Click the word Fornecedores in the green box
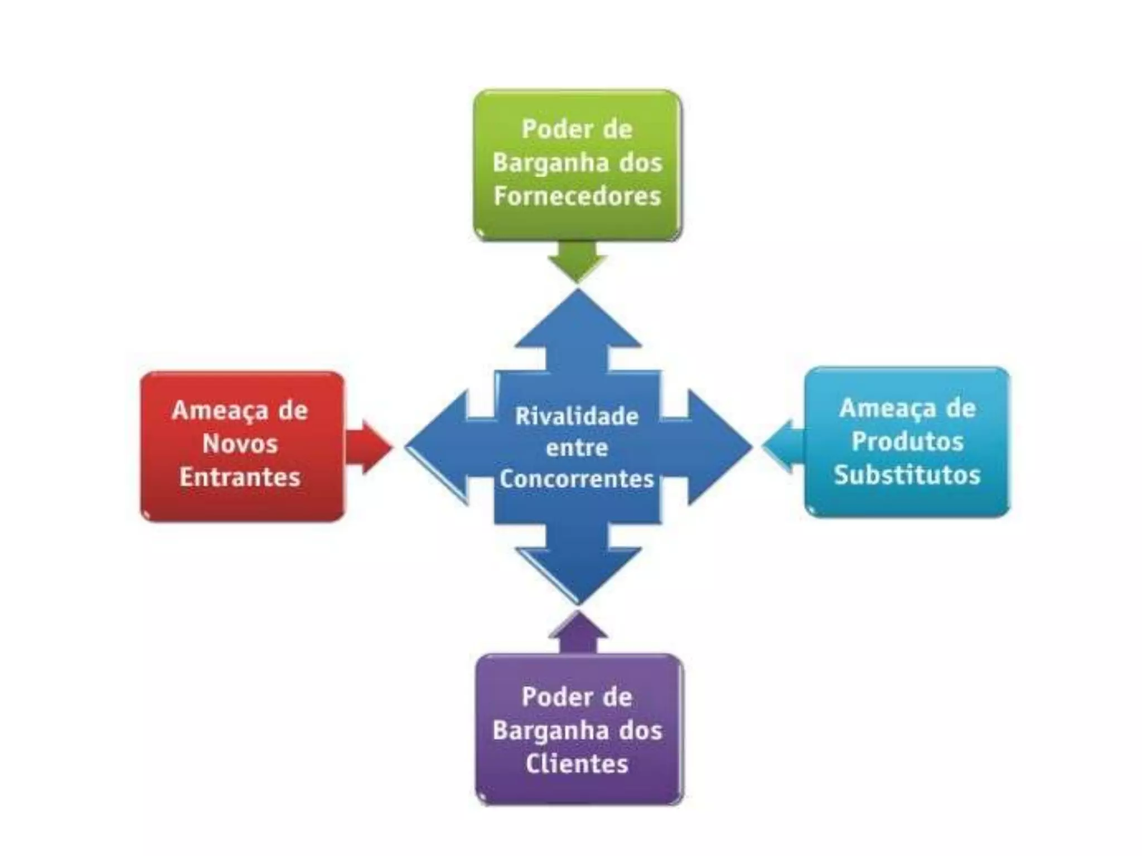pyautogui.click(x=577, y=196)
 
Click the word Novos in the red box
pyautogui.click(x=240, y=444)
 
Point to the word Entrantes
pyautogui.click(x=240, y=477)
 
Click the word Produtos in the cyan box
pyautogui.click(x=907, y=441)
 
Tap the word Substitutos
pyautogui.click(x=907, y=475)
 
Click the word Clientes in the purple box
pyautogui.click(x=577, y=763)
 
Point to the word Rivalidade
pyautogui.click(x=577, y=416)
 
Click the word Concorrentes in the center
pyautogui.click(x=577, y=479)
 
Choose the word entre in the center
pyautogui.click(x=577, y=448)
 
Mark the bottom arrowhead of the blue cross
pyautogui.click(x=578, y=574)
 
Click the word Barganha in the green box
pyautogui.click(x=539, y=163)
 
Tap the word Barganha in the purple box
pyautogui.click(x=539, y=731)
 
